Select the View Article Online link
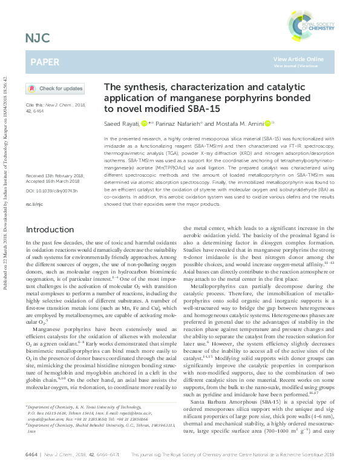[298, 59]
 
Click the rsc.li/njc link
[33, 188]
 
